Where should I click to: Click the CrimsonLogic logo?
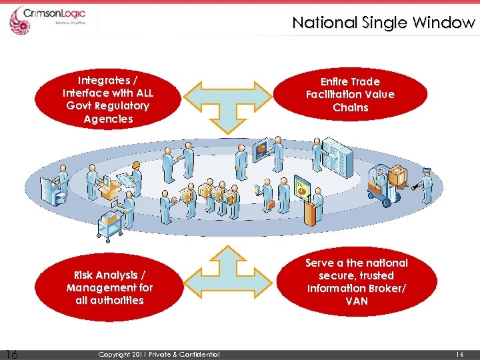click(53, 19)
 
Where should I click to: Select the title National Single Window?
click(383, 23)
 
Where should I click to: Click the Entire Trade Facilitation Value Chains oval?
click(350, 95)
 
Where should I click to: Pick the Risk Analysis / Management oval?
click(109, 287)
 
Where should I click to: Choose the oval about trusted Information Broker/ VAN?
click(356, 282)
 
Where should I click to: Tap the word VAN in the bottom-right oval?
click(357, 301)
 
